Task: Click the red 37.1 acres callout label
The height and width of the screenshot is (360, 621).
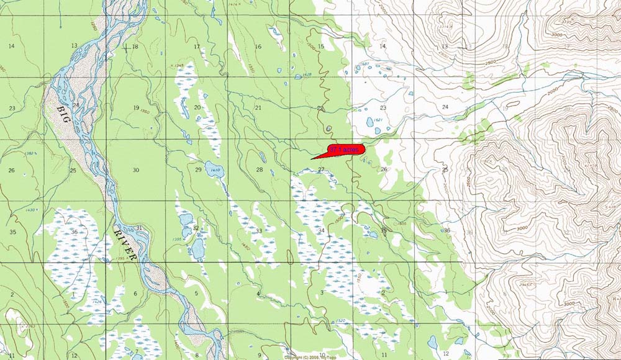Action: (x=345, y=150)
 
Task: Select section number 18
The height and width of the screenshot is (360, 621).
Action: (x=135, y=47)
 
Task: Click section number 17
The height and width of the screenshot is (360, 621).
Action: (x=196, y=47)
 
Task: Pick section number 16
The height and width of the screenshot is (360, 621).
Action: (x=258, y=47)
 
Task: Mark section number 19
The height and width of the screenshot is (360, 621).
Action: (x=135, y=108)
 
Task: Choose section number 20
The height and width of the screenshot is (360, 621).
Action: (x=197, y=108)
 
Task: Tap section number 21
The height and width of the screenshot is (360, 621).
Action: (x=258, y=108)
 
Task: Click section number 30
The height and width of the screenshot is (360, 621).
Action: (x=135, y=170)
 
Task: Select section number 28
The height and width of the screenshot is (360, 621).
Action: (x=259, y=169)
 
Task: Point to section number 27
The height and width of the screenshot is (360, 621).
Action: (x=321, y=169)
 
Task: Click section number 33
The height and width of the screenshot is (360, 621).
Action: (x=258, y=231)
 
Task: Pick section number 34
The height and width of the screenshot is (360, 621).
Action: (x=321, y=231)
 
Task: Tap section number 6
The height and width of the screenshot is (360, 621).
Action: (x=135, y=293)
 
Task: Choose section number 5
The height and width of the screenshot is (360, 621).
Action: (x=196, y=293)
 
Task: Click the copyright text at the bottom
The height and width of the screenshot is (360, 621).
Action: (x=310, y=357)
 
